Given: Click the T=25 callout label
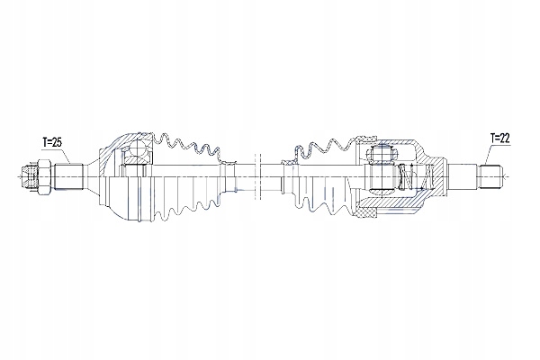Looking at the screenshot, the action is click(x=52, y=142).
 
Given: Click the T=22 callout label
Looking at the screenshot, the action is click(x=499, y=138).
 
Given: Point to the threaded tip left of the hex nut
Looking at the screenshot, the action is click(x=30, y=176).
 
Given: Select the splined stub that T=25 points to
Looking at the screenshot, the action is click(x=69, y=176).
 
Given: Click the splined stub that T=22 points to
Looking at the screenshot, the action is click(x=490, y=177).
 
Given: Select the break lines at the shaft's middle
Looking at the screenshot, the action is click(x=257, y=176).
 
